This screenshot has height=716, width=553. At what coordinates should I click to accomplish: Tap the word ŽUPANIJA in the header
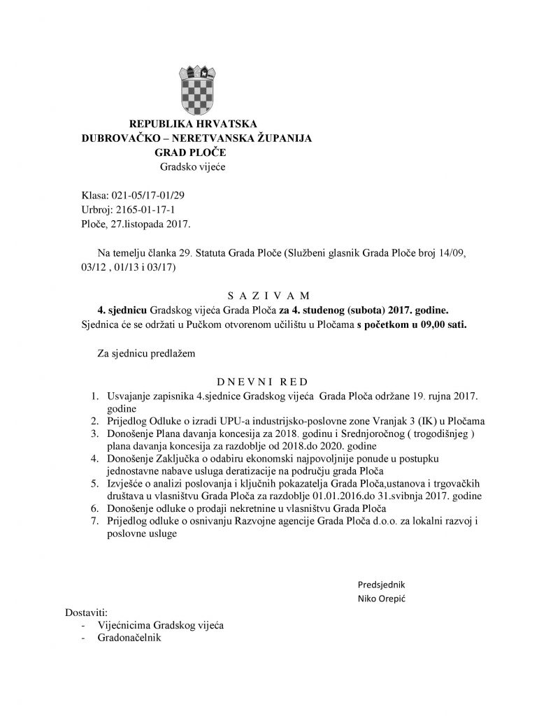pos(282,138)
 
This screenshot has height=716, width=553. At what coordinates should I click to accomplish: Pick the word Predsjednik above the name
pos(381,584)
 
